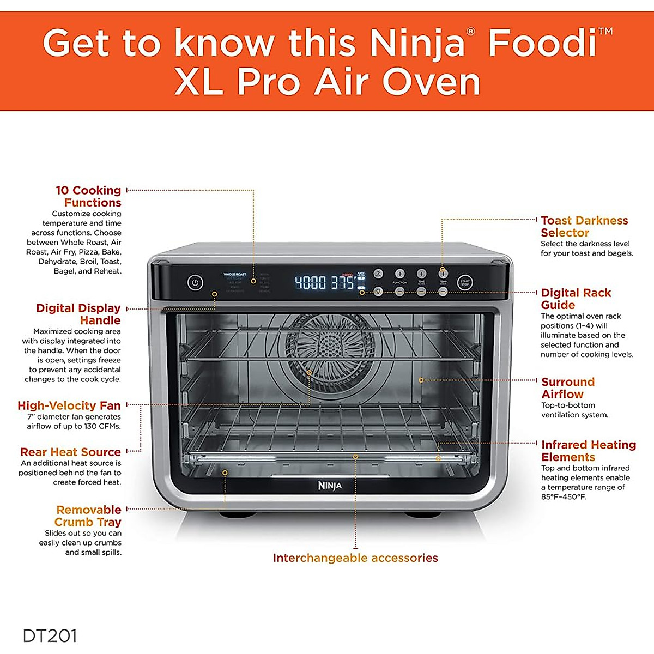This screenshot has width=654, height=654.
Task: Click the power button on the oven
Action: (195, 282)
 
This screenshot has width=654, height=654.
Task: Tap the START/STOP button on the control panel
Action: (465, 282)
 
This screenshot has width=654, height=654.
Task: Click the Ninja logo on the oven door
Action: (330, 485)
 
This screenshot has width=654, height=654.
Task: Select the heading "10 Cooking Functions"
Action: (89, 196)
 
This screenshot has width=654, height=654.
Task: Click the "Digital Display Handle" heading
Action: (78, 314)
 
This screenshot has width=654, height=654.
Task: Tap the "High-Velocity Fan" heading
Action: (69, 405)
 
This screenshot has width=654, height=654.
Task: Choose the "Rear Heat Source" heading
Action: (70, 452)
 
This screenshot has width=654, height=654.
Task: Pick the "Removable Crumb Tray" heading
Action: (88, 516)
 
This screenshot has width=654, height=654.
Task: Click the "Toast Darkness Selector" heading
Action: (584, 226)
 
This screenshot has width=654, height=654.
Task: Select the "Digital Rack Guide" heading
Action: (576, 299)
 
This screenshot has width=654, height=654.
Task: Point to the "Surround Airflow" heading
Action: (567, 387)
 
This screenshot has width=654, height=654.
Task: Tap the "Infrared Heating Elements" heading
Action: (588, 451)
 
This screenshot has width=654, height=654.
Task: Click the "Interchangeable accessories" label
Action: (355, 558)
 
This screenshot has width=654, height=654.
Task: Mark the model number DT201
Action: (50, 635)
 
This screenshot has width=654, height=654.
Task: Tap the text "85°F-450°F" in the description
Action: (564, 496)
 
